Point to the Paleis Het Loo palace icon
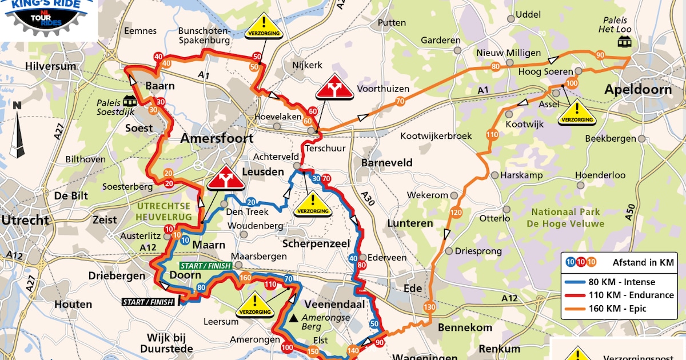pyautogui.click(x=624, y=41)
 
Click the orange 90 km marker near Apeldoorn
pyautogui.click(x=600, y=55)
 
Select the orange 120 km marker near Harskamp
pyautogui.click(x=456, y=213)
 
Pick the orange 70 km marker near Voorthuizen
pyautogui.click(x=400, y=101)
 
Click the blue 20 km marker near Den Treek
pyautogui.click(x=251, y=202)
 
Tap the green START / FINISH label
pyautogui.click(x=205, y=266)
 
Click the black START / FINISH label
pyautogui.click(x=147, y=302)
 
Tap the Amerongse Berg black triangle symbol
pyautogui.click(x=293, y=317)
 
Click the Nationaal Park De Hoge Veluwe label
pyautogui.click(x=564, y=217)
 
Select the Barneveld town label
pyautogui.click(x=386, y=162)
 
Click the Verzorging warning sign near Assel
pyautogui.click(x=577, y=112)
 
